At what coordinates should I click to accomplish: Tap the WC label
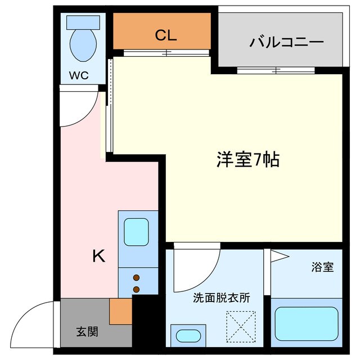click(x=79, y=75)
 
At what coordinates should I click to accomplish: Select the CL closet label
click(x=166, y=35)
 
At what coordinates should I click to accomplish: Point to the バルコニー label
click(x=287, y=42)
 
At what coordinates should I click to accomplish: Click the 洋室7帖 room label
click(x=248, y=160)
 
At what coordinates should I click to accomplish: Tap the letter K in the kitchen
click(x=98, y=256)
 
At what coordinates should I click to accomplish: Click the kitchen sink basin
click(x=136, y=230)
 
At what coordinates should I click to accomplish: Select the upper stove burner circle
click(x=136, y=278)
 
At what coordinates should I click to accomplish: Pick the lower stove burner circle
click(x=136, y=289)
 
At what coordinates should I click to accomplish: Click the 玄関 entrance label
click(x=87, y=331)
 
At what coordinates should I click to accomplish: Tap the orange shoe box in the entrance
click(x=120, y=312)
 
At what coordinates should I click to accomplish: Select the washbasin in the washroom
click(x=188, y=336)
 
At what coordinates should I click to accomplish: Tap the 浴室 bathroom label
click(x=322, y=267)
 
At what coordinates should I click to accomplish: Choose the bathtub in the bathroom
click(x=307, y=324)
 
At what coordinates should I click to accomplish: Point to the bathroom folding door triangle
click(x=278, y=257)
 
